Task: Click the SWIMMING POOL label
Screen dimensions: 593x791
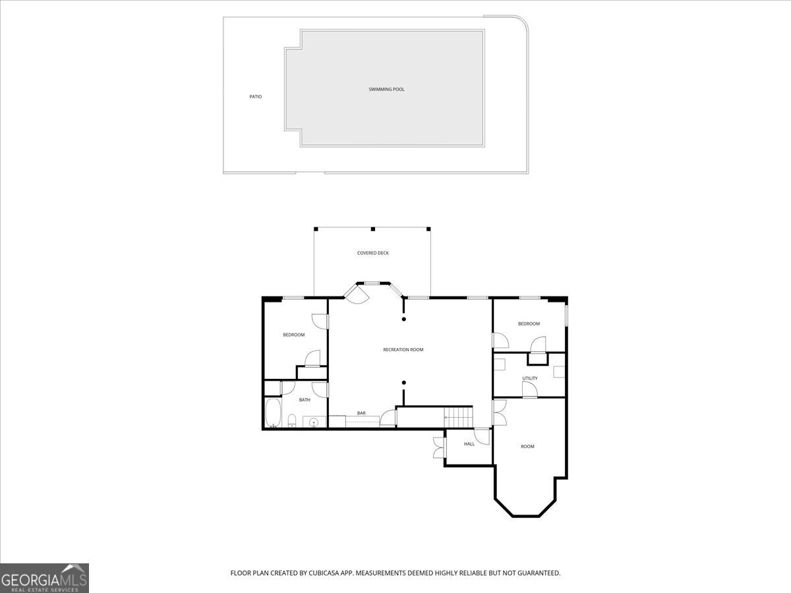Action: (386, 89)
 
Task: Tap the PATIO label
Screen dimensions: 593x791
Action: (256, 97)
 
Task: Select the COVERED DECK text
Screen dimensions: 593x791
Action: (373, 253)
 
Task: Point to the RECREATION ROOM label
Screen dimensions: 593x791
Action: (403, 350)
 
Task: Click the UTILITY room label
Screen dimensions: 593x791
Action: (530, 378)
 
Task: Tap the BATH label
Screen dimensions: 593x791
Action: (305, 400)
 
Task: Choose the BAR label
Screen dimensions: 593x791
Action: (361, 413)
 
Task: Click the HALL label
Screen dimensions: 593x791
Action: (469, 444)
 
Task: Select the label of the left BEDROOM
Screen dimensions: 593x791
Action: (294, 335)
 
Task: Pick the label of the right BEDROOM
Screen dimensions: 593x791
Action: (529, 324)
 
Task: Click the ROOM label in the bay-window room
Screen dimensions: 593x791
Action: (527, 447)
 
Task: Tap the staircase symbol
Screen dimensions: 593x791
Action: (458, 417)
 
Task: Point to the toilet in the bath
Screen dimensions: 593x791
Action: (291, 420)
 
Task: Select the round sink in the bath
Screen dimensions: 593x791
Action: (314, 422)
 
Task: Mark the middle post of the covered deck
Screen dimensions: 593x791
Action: (372, 229)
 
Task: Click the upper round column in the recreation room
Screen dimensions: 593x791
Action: (404, 320)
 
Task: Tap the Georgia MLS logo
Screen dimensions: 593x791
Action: (44, 578)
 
